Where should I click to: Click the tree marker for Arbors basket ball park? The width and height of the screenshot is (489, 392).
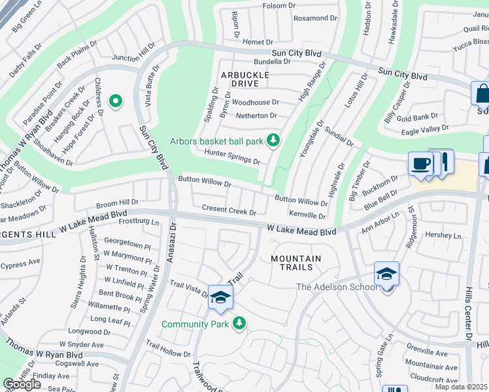click(x=273, y=140)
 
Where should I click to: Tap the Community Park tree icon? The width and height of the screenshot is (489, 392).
click(x=240, y=323)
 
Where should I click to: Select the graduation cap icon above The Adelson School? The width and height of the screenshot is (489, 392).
click(x=386, y=273)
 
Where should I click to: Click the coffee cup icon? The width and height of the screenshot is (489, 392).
click(x=420, y=163)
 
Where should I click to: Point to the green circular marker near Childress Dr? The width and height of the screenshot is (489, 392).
click(x=116, y=101)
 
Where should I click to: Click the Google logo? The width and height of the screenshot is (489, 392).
click(x=22, y=384)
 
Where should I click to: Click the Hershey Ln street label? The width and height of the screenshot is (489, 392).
click(x=443, y=235)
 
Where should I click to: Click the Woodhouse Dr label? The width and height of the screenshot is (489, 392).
click(x=255, y=103)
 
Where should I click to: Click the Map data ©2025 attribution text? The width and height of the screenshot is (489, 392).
click(x=460, y=387)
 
